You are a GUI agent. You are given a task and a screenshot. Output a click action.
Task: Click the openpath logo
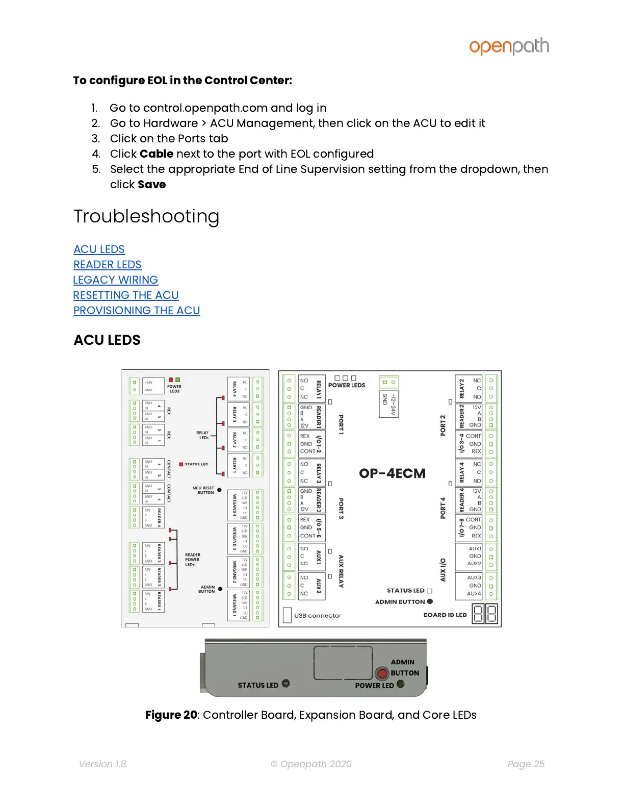[x=509, y=46]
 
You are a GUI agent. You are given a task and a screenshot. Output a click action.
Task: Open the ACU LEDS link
[x=99, y=249]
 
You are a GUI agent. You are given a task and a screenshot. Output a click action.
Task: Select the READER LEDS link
[x=107, y=265]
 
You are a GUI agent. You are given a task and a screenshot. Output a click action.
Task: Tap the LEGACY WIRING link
[x=115, y=280]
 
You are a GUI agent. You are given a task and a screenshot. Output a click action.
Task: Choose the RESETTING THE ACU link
[x=125, y=295]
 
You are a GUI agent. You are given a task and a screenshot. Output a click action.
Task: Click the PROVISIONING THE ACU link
[x=136, y=311]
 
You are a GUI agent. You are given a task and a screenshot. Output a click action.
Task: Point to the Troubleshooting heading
[x=146, y=216]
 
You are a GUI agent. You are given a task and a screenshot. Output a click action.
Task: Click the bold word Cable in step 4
[x=157, y=154]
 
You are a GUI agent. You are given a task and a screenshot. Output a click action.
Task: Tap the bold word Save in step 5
[x=151, y=185]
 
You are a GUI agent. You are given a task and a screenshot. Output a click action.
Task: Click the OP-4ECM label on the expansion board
[x=392, y=473]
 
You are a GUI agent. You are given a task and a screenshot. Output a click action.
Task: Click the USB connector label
[x=317, y=616]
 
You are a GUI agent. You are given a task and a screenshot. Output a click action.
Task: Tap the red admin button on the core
[x=382, y=673]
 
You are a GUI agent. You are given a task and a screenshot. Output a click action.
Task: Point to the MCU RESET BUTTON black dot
[x=219, y=490]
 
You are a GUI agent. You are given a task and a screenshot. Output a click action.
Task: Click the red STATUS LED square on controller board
[x=181, y=464]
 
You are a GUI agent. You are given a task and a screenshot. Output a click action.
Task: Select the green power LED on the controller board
[x=177, y=380]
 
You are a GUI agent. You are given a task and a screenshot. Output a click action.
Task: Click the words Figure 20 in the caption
[x=171, y=715]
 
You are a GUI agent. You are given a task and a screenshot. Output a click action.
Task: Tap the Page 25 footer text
[x=526, y=764]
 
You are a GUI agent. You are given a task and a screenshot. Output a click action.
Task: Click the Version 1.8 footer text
[x=102, y=764]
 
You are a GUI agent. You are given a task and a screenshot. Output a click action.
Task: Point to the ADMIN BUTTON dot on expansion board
[x=430, y=601]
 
